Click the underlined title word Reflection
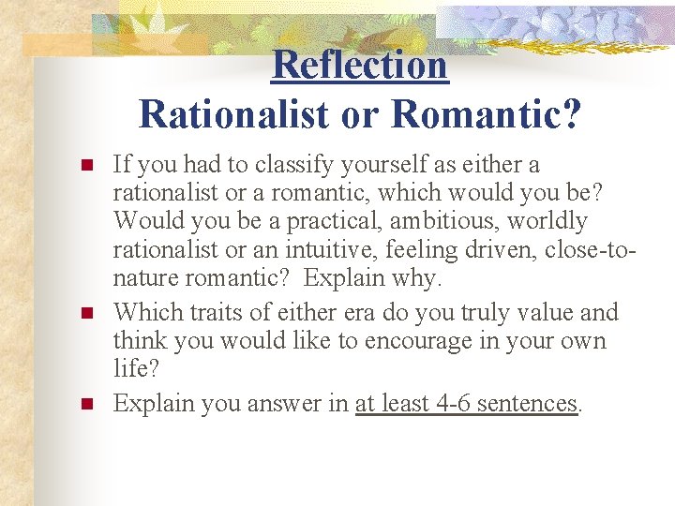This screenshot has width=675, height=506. pyautogui.click(x=361, y=65)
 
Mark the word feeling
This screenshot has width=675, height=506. pyautogui.click(x=407, y=250)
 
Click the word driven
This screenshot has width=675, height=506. pyautogui.click(x=479, y=250)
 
